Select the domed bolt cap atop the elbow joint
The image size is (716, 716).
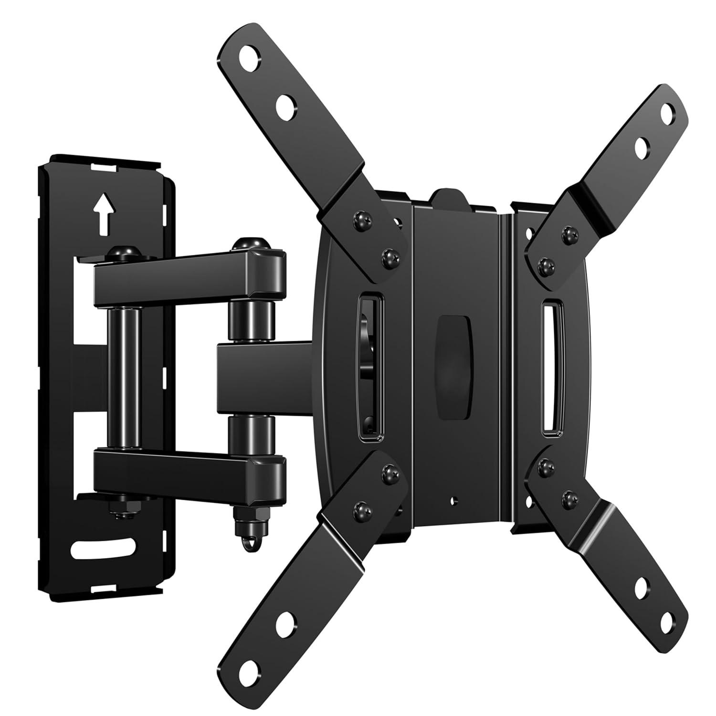pos(247,244)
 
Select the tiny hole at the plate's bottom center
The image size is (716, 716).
pos(452,502)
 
